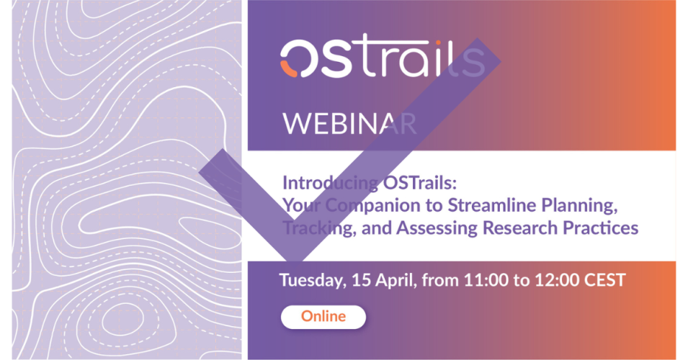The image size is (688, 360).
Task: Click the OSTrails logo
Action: point(382,58)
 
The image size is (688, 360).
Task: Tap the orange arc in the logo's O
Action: point(287,70)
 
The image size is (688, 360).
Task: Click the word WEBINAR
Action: point(349,124)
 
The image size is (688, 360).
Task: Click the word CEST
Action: point(604,280)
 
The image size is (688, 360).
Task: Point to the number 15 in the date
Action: point(361,280)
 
